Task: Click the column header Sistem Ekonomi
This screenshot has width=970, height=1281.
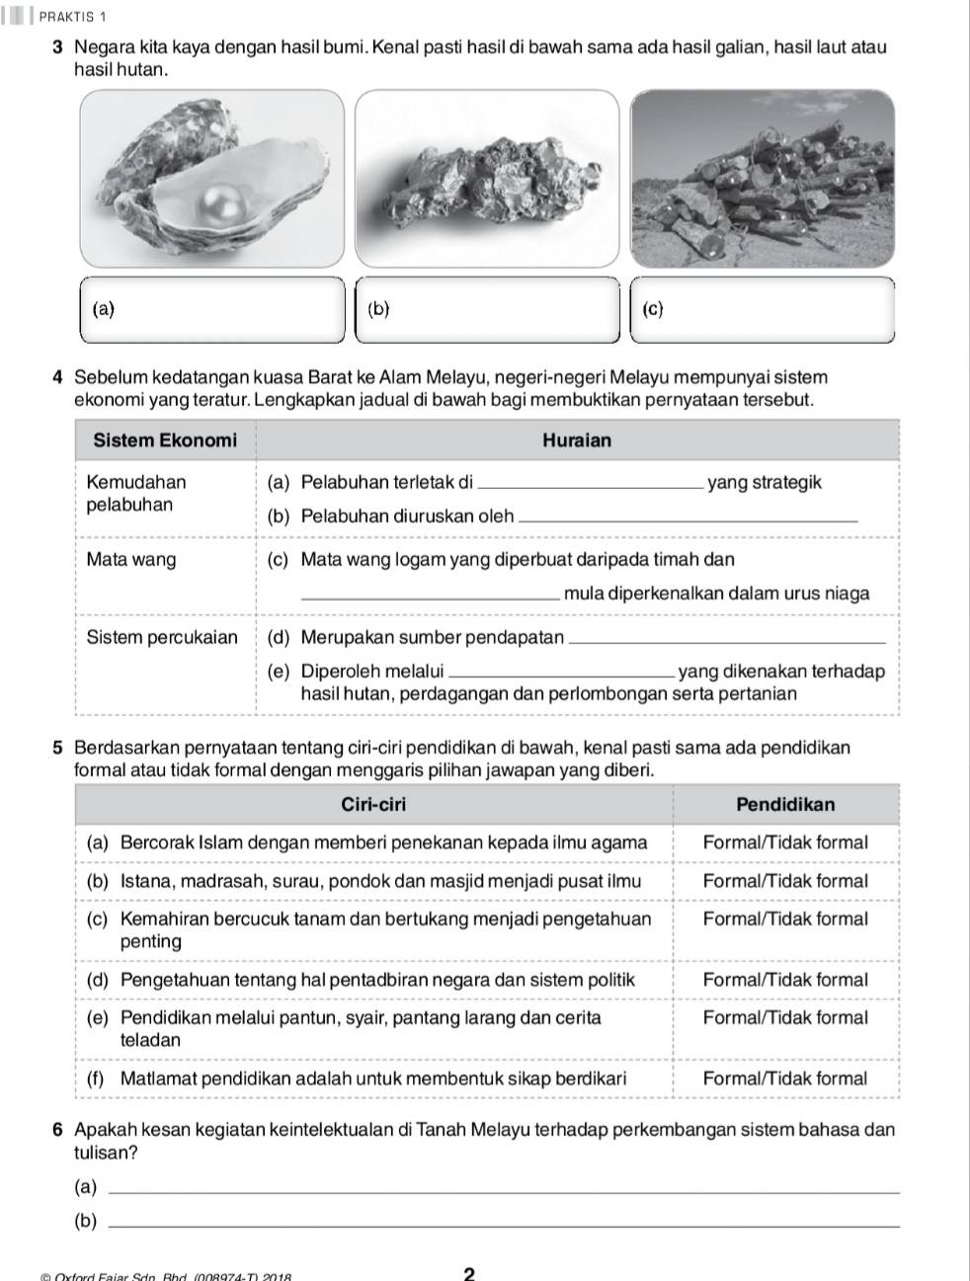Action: [165, 440]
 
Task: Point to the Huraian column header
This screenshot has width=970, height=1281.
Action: [577, 440]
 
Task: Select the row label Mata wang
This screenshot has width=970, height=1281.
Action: [131, 560]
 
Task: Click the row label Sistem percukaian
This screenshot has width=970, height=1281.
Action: [162, 637]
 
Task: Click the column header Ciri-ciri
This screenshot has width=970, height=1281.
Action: [373, 804]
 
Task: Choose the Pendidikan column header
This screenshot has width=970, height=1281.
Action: [785, 804]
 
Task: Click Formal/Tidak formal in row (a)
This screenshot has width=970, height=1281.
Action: [785, 842]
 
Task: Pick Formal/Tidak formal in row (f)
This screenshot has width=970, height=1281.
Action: [785, 1079]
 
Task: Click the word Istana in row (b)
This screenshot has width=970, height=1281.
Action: [143, 881]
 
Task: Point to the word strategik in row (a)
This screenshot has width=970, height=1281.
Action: [785, 483]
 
